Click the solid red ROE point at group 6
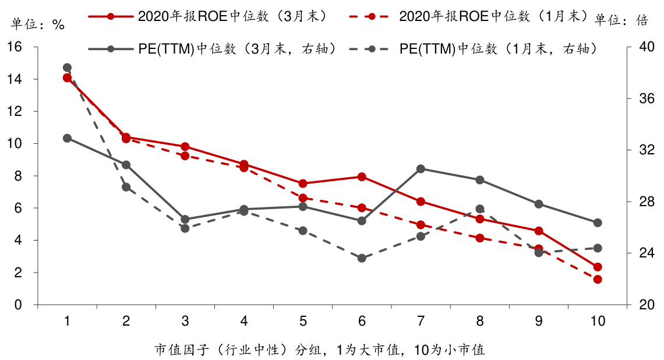point(362,177)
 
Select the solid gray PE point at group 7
point(421,169)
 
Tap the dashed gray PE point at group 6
point(362,258)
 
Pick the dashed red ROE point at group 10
point(598,280)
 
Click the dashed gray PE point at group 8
point(480,209)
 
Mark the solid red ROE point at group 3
point(185,147)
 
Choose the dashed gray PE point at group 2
point(126,187)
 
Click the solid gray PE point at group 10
point(598,223)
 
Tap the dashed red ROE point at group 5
point(303,198)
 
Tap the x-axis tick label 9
point(539,321)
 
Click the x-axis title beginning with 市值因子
point(320,350)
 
